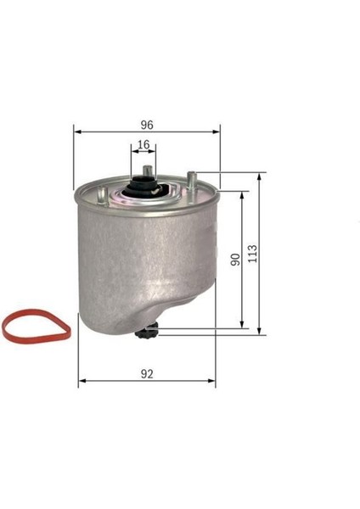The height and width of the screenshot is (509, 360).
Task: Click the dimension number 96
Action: (146, 123)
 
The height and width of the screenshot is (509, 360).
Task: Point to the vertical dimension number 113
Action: (250, 253)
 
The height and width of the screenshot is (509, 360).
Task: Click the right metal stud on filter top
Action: (193, 181)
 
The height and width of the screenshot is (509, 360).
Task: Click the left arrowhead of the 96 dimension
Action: (76, 131)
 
